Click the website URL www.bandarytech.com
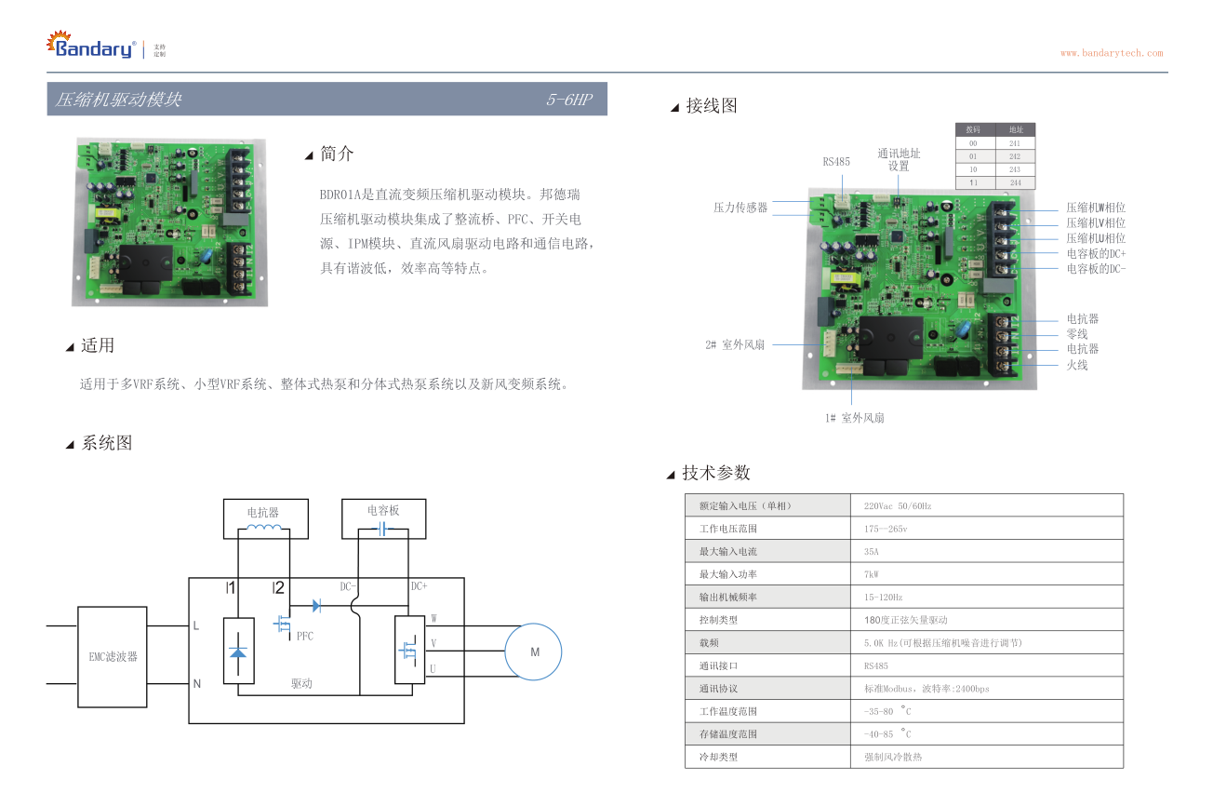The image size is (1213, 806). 1111,53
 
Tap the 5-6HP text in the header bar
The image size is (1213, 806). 569,100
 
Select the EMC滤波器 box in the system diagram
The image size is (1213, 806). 113,657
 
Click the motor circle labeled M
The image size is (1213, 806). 534,652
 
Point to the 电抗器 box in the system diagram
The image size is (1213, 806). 263,517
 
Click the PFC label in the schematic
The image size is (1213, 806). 305,637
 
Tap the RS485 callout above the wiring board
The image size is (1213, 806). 835,162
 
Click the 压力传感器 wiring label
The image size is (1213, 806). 740,208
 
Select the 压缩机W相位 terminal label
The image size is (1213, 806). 1096,208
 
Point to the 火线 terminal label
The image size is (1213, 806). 1076,365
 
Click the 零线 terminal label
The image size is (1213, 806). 1076,334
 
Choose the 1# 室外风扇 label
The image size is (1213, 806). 854,418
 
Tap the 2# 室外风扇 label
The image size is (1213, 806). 734,344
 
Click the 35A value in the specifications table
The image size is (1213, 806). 871,551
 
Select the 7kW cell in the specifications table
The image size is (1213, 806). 871,574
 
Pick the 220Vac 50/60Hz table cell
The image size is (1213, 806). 897,505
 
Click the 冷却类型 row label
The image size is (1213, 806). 718,757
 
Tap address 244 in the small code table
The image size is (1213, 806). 1015,183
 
